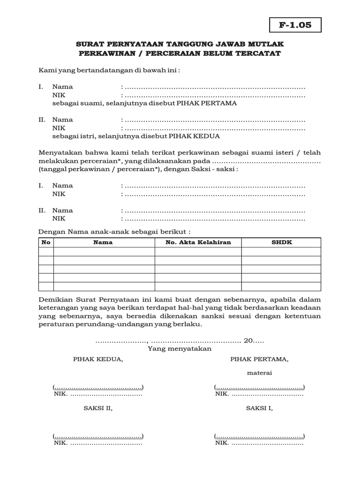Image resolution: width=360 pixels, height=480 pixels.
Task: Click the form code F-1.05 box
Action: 295,25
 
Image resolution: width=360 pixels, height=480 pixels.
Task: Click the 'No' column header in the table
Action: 46,242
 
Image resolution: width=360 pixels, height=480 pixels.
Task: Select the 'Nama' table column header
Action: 103,242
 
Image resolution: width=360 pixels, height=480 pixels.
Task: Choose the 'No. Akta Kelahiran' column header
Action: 198,242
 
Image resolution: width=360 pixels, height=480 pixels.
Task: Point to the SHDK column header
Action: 281,242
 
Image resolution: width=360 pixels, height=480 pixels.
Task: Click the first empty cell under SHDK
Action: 281,252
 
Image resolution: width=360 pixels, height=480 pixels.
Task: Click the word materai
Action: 259,373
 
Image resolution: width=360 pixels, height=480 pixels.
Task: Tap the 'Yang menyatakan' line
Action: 180,349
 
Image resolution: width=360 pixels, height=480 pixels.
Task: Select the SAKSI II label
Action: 98,408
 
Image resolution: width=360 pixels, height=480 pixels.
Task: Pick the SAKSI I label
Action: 259,408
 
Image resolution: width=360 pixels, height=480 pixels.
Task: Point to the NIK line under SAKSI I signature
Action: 259,443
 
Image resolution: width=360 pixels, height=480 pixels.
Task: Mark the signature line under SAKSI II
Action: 98,435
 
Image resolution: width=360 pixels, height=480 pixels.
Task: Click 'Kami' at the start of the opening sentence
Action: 45,70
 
